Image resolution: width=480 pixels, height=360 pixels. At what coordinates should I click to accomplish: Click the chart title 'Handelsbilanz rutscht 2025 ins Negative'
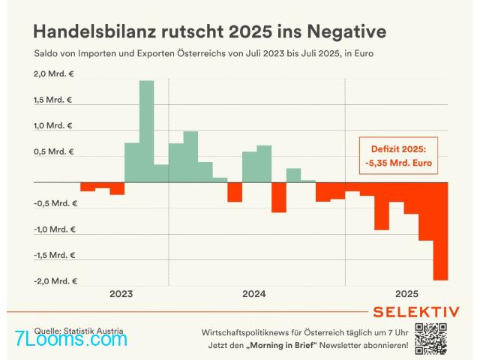coord(209,31)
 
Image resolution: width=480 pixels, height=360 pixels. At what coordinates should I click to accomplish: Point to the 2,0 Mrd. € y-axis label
coord(53,73)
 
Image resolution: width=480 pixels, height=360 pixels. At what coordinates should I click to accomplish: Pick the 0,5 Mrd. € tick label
coord(53,151)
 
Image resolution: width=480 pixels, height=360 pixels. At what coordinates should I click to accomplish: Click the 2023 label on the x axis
coord(121,294)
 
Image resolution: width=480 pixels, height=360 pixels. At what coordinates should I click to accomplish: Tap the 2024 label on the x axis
coord(254,294)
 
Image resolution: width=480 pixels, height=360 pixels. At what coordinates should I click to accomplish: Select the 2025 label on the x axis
coord(406,294)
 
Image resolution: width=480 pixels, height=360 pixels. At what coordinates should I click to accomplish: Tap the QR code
coord(430,337)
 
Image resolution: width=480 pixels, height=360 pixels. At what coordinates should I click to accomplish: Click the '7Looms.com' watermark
coord(71,339)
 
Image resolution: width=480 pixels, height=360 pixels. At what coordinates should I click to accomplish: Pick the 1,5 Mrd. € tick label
coord(53,100)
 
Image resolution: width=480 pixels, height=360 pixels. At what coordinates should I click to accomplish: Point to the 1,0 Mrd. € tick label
coord(53,126)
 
